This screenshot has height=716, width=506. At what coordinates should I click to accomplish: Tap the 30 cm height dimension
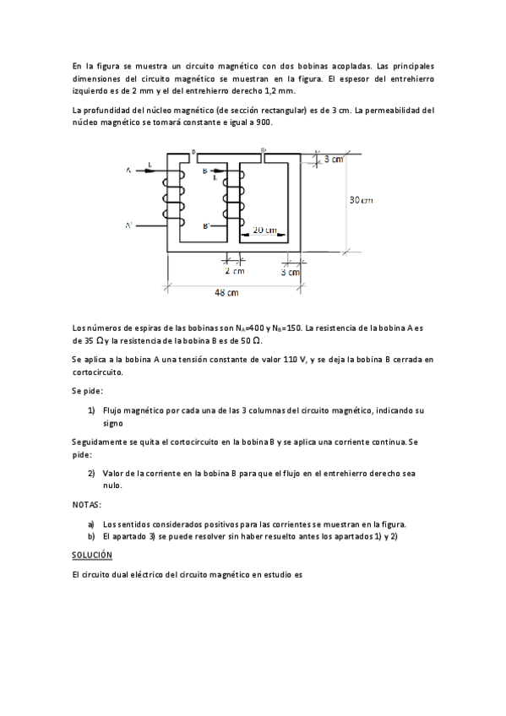tap(362, 200)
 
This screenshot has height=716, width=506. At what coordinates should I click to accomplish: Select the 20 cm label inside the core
tap(264, 230)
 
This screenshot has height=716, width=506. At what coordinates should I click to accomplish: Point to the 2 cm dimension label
tap(235, 272)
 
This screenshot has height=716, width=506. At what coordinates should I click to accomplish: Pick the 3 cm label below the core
tap(290, 272)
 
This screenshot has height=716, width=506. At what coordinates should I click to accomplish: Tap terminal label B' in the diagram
tap(207, 226)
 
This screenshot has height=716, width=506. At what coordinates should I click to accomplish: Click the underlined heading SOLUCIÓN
tap(92, 555)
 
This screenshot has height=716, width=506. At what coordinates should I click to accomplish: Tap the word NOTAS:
tap(86, 504)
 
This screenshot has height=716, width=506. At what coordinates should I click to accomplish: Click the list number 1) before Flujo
tap(91, 410)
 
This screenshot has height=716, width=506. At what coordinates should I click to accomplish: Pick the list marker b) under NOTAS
tap(91, 536)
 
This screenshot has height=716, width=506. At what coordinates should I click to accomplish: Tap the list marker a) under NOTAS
tap(91, 523)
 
